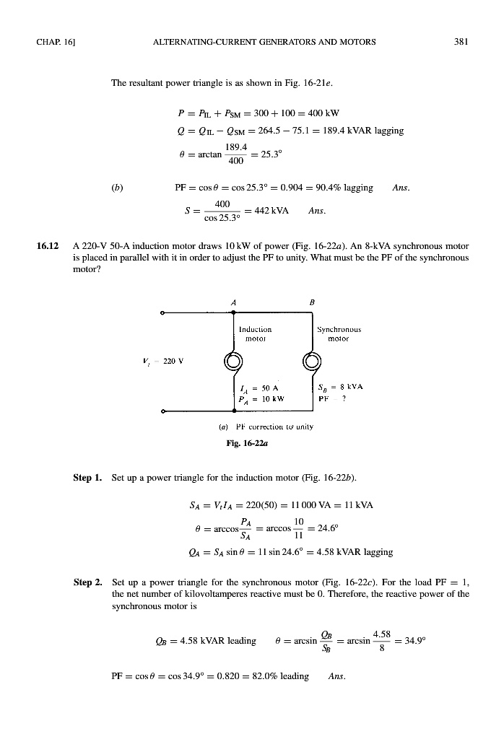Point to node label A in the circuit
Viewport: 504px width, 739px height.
(235, 303)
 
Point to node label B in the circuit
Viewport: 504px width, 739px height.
(312, 303)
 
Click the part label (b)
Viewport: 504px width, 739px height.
(115, 188)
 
